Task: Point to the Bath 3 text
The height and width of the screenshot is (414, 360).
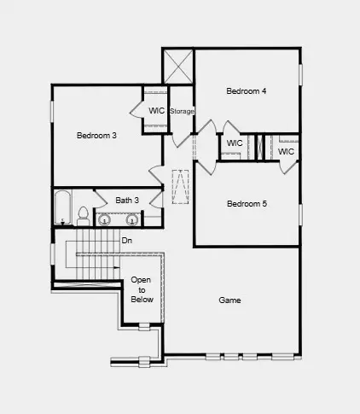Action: coord(127,201)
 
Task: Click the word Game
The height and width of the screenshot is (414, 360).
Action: coord(229,300)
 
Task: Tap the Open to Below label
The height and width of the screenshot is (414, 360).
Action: coord(141,290)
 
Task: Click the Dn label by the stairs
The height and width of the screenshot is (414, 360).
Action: coord(126,241)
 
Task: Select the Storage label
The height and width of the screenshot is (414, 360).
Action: coord(182,112)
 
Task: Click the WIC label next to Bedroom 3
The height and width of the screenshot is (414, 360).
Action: coord(156,111)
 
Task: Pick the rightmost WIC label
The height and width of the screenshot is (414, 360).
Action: coord(286,151)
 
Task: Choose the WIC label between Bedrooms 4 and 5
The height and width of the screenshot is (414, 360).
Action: coord(235,143)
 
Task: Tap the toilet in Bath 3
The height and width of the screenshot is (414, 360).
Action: coord(83,215)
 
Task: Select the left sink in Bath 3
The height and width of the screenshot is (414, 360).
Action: coord(105,220)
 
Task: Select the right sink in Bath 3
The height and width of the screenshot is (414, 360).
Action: coord(132,220)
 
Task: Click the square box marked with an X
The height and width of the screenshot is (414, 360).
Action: coord(178,66)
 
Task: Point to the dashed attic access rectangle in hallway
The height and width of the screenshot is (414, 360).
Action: coord(180,188)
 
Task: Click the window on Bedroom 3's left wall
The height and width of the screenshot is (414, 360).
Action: coord(52,111)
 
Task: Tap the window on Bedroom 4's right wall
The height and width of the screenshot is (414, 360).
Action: coord(301,73)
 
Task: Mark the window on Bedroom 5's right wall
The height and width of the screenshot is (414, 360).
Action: coord(301,213)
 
